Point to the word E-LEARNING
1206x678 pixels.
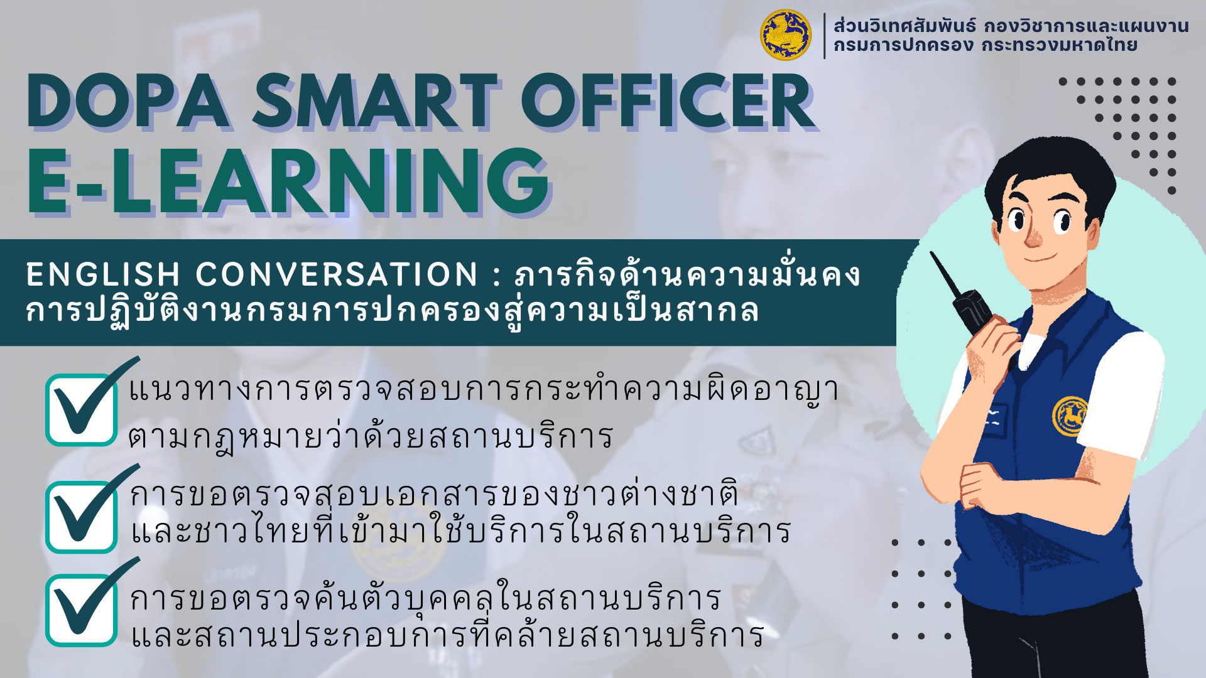[x=289, y=181]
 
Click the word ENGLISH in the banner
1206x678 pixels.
[x=104, y=274]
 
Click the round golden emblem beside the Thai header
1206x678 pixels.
[x=785, y=35]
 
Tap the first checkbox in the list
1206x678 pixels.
[x=82, y=409]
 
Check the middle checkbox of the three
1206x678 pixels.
[x=82, y=517]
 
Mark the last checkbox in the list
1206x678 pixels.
[x=82, y=610]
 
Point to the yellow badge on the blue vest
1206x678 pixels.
[x=1070, y=416]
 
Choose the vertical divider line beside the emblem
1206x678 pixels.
[x=824, y=36]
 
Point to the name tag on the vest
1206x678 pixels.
[x=994, y=417]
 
